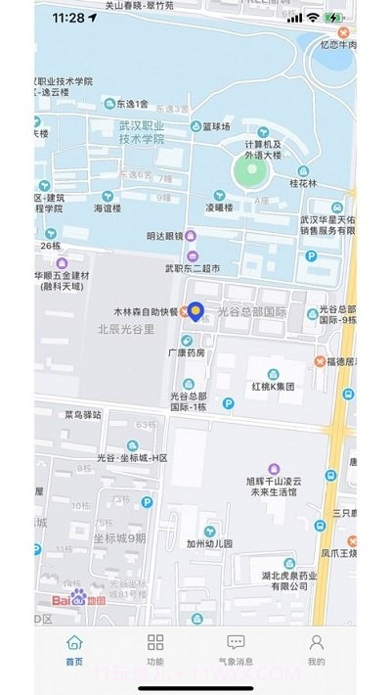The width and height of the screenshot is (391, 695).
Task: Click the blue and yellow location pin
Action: click(x=195, y=311)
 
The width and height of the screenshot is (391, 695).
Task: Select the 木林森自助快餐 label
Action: click(x=144, y=311)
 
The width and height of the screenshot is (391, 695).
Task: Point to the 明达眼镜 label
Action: click(x=164, y=236)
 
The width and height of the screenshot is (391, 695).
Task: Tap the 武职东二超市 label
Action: click(x=192, y=267)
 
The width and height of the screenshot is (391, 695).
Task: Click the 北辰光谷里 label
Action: click(x=126, y=329)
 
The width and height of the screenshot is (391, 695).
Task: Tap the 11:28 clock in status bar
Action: click(x=68, y=18)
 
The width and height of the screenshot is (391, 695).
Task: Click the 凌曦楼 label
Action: click(x=219, y=208)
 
